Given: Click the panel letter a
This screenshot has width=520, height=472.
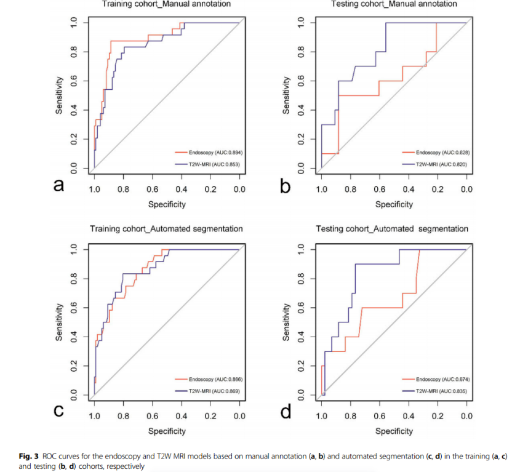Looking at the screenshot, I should point(59,185).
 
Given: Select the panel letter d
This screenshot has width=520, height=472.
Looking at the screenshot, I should point(286,412).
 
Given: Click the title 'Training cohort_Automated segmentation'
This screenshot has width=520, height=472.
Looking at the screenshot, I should point(166,229).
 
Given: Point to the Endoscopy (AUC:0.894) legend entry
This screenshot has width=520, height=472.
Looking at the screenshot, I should point(211,151).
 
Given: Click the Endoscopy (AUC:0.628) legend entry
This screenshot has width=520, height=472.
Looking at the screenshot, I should point(438,151).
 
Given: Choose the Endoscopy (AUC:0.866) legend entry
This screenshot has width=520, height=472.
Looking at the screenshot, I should point(211,379).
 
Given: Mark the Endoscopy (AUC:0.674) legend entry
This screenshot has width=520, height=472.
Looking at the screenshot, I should point(438,379).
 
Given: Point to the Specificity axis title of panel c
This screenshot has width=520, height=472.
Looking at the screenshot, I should point(167,431).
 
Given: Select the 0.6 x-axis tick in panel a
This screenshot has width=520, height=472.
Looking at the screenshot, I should point(152,190).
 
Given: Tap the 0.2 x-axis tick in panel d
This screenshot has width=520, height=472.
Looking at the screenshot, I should point(438,417).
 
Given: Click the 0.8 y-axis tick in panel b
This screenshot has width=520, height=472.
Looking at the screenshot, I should point(301,52).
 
